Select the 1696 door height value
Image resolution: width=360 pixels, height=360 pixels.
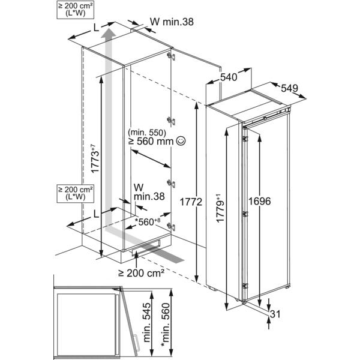pyautogui.click(x=259, y=202)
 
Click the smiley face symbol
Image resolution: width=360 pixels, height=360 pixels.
pyautogui.click(x=182, y=142)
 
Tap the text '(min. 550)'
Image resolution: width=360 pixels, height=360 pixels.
pyautogui.click(x=146, y=132)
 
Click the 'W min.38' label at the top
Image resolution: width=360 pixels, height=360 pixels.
pyautogui.click(x=173, y=23)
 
